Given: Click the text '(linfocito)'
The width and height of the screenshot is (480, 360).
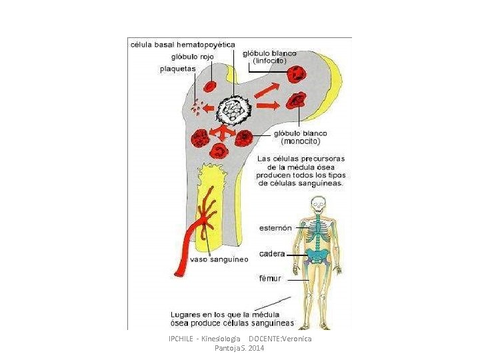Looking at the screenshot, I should [x=270, y=61].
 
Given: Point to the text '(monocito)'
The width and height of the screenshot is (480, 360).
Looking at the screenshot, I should [x=301, y=141].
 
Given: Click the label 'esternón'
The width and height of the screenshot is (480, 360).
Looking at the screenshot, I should [x=275, y=228].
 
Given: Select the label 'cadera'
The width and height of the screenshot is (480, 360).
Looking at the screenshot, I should [x=272, y=254].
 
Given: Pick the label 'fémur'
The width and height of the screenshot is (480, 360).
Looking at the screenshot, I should [x=270, y=278].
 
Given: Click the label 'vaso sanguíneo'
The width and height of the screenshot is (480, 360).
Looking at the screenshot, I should [x=219, y=259].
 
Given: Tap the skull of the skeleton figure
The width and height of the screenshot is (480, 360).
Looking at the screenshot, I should [x=319, y=203].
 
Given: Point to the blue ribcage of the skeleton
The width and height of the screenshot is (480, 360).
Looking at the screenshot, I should [x=319, y=231].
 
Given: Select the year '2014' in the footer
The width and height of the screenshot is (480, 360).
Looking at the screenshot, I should [x=256, y=348].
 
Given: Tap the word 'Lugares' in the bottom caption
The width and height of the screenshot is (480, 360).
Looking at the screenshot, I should [x=187, y=314].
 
